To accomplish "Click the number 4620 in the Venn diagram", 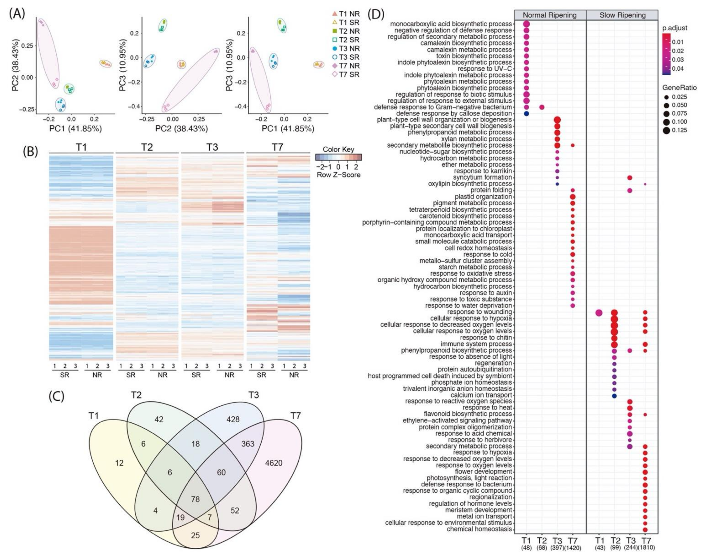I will pos(274,463).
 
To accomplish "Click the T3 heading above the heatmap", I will pos(212,147).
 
